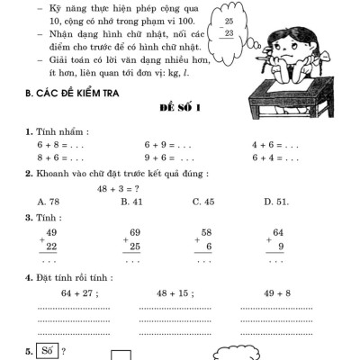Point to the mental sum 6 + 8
(x=51, y=144)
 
